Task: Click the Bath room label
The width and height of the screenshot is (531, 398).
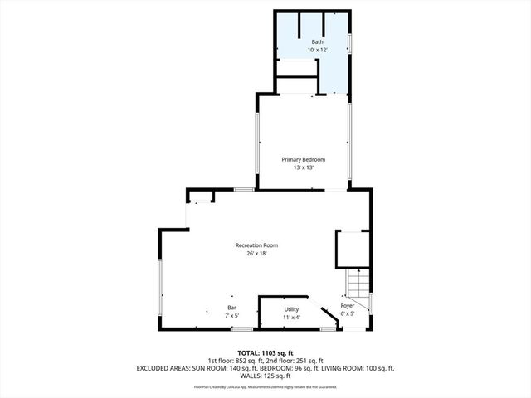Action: click(318, 41)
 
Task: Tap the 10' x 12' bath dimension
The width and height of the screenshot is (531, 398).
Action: click(318, 50)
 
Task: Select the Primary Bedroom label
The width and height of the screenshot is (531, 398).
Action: click(303, 159)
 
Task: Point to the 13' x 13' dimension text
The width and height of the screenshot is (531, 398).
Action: click(303, 168)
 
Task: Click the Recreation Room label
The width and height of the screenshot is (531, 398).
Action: click(256, 245)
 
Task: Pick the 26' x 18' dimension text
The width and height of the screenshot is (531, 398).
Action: click(256, 254)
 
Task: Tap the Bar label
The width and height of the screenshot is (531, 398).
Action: click(231, 308)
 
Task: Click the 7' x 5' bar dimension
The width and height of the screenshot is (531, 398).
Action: click(231, 316)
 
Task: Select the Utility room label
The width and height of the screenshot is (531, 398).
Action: click(291, 308)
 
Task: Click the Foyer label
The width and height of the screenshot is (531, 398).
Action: click(348, 306)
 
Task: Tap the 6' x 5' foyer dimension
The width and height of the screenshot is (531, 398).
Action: click(348, 313)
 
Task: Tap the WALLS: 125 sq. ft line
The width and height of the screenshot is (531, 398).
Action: click(265, 376)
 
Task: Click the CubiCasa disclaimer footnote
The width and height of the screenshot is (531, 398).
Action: click(265, 386)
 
